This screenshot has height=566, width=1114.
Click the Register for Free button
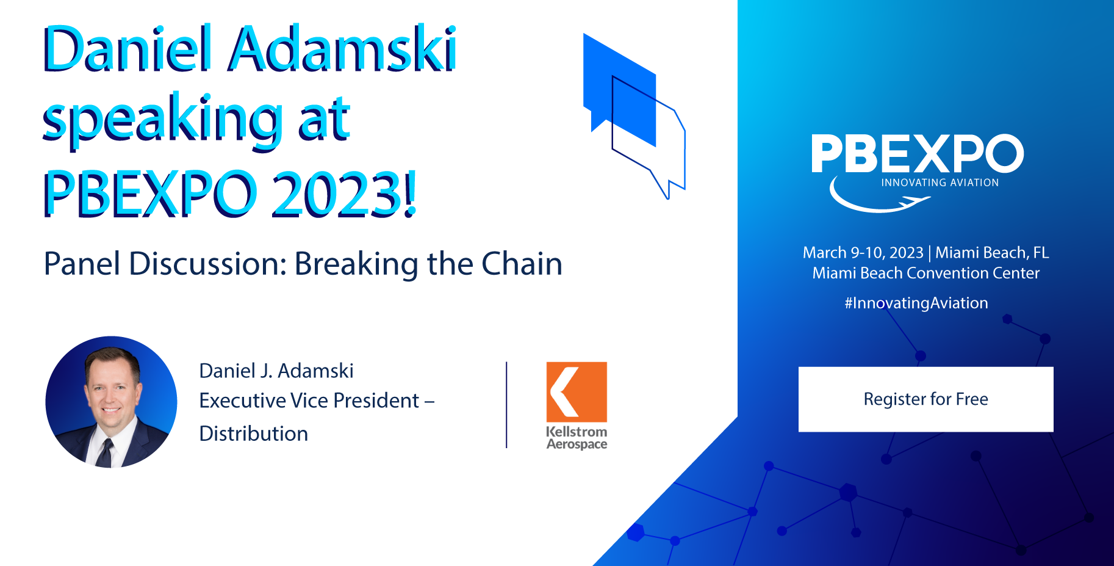(925, 399)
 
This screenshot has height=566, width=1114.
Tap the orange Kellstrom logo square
(577, 392)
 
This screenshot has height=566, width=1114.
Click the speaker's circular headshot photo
(111, 402)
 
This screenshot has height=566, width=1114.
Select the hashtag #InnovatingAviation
(916, 303)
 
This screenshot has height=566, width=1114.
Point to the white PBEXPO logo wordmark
(917, 154)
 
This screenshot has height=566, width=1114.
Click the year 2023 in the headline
(343, 194)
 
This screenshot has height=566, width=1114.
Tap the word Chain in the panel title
(522, 264)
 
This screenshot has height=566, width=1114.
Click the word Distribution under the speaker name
(254, 434)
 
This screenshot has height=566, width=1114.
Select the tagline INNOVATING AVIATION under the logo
(940, 183)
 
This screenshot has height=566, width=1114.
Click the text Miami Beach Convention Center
(925, 273)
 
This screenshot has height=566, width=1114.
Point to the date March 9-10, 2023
(863, 253)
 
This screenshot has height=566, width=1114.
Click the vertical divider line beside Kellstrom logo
(506, 405)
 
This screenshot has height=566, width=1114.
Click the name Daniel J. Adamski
(276, 371)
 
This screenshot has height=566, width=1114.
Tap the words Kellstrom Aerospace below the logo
(577, 438)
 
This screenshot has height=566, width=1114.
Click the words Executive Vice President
(309, 401)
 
